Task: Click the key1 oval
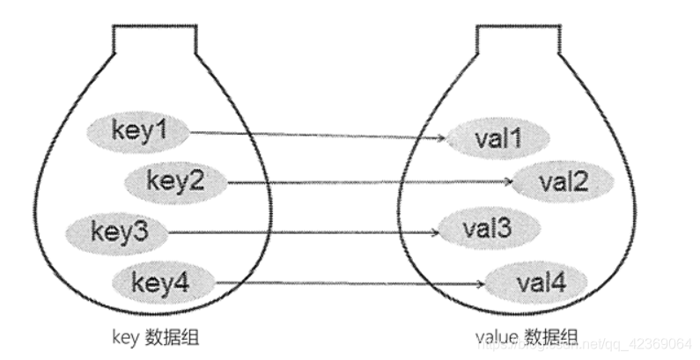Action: coord(138,132)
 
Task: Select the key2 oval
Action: coord(175,181)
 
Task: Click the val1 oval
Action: coord(498,139)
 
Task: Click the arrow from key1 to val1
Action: coord(317,136)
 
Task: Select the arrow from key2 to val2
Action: coord(370,182)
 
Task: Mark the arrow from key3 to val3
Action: coord(304,232)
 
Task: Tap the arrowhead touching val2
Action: coord(510,183)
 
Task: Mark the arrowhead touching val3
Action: coord(438,233)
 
